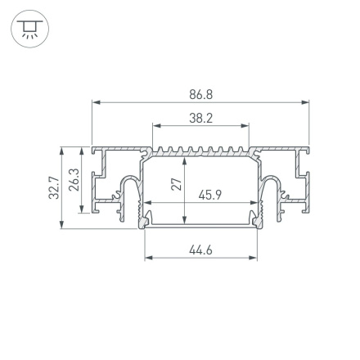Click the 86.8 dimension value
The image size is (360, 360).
tap(200, 95)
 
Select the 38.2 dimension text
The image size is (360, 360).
tap(200, 119)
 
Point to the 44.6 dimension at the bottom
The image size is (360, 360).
tap(200, 250)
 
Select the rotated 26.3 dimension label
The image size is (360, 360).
tap(73, 181)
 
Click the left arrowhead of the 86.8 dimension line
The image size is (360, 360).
tap(95, 103)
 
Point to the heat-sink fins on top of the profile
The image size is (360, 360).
tap(200, 151)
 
